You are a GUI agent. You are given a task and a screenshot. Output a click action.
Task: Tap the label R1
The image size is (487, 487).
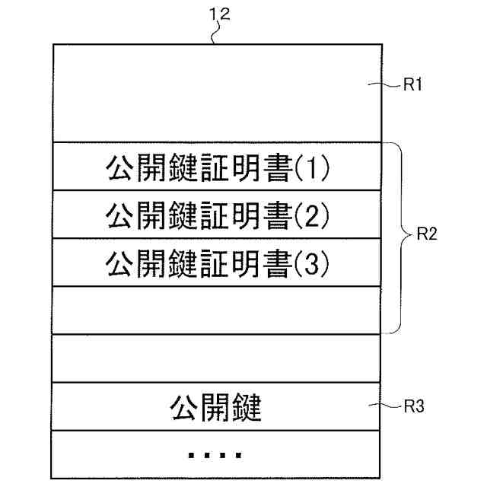click(x=413, y=86)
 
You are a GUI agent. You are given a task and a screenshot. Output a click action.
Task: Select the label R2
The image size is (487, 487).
click(x=426, y=235)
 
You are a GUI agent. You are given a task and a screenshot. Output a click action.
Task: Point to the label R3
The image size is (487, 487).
click(x=413, y=407)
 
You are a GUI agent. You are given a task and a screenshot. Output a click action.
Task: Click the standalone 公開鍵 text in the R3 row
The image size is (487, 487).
click(x=215, y=409)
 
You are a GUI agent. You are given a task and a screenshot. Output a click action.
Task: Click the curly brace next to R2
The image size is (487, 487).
click(x=396, y=237)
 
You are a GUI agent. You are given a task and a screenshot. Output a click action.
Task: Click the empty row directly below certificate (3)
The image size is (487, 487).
click(x=215, y=310)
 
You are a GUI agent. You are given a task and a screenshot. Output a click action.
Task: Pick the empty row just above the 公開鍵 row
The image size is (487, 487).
click(x=215, y=358)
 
